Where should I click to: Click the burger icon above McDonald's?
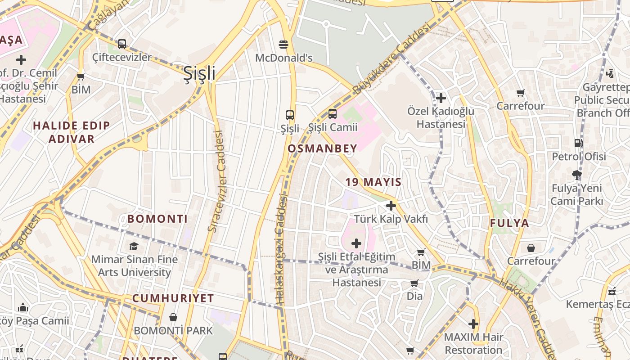point(283,44)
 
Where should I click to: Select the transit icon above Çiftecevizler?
point(122,44)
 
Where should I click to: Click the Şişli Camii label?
point(333,127)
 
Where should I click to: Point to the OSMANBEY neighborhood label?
point(322,148)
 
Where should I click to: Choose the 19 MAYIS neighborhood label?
point(373,182)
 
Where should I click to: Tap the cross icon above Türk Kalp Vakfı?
point(391,206)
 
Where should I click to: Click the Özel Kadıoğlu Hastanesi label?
point(441,117)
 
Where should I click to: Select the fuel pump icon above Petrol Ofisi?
point(578,143)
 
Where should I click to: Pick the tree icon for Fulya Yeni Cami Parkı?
point(577,175)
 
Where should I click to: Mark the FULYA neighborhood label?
point(509,223)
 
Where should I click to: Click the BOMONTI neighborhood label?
point(157,219)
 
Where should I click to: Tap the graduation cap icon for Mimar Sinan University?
point(134,246)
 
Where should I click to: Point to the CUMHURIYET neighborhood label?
point(173,298)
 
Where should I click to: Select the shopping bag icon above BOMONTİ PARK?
point(173,317)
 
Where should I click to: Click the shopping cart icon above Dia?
point(414,283)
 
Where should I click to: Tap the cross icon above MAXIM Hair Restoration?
point(473,324)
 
